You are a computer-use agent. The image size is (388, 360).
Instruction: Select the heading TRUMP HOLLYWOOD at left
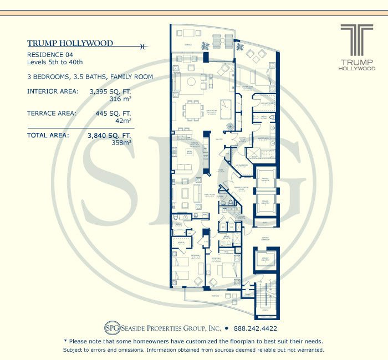click(70, 43)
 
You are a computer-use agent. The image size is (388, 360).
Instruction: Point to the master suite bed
click(258, 77)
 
